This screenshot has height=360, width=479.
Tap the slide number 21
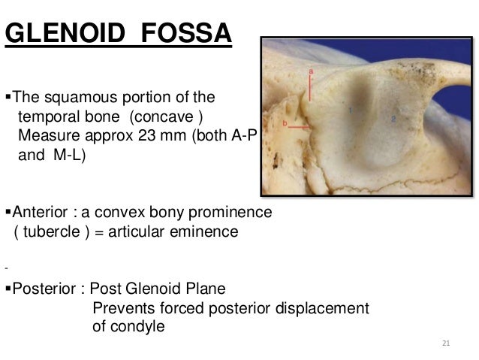446,344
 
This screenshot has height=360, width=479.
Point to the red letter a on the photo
311,69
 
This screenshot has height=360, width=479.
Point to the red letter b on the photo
285,123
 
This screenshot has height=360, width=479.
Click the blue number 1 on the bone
350,110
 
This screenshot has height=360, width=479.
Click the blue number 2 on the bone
393,117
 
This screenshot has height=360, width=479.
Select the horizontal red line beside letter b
298,129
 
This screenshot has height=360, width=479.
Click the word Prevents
121,308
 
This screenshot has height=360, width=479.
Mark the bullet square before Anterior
8,213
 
